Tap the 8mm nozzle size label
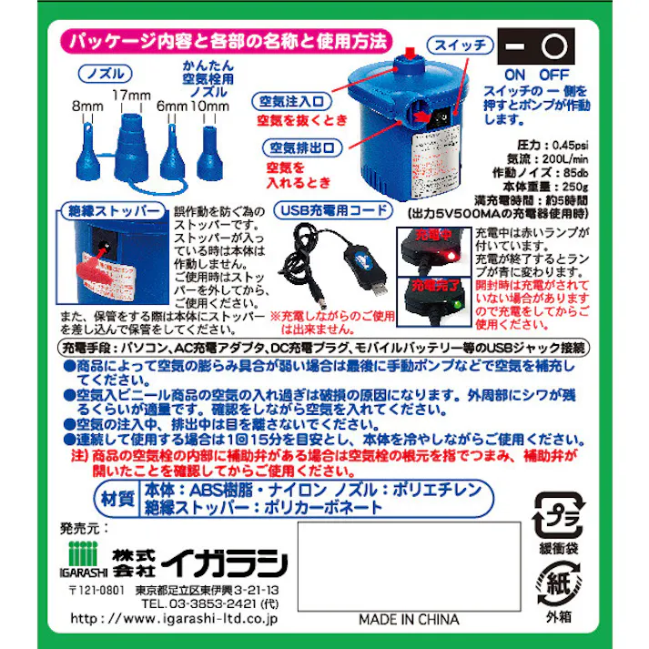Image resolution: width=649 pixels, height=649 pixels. [87, 106]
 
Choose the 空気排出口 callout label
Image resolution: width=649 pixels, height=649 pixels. [302, 147]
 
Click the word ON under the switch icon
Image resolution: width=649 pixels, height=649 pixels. [516, 74]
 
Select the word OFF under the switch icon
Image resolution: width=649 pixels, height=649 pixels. [556, 74]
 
